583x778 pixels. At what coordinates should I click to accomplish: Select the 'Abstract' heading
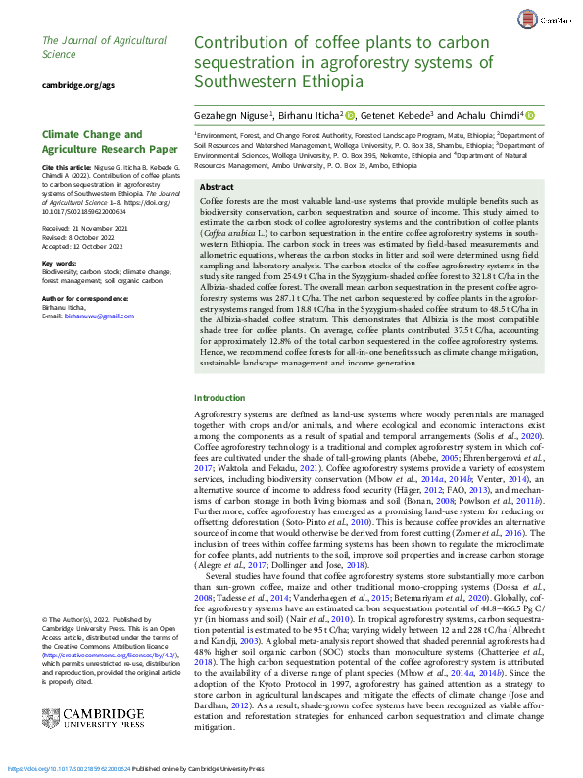[217, 186]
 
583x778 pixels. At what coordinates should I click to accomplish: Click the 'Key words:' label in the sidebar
[60, 263]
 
